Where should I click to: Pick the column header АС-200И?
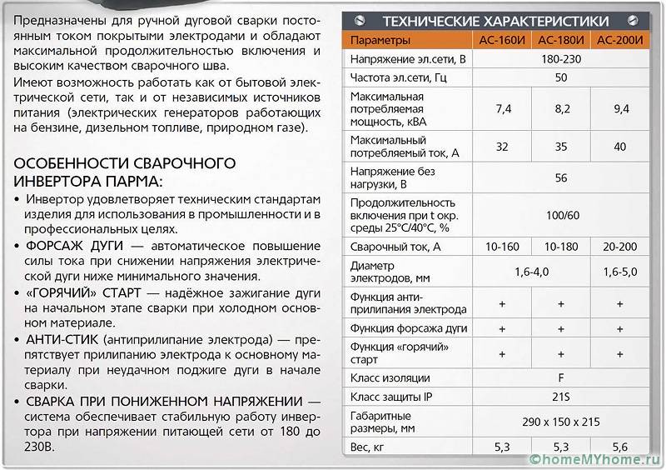point(620,40)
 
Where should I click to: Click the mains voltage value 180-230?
point(560,59)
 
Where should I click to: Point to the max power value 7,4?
point(502,108)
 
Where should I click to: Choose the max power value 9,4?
point(620,108)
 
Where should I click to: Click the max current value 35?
point(560,146)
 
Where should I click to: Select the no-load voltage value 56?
point(560,177)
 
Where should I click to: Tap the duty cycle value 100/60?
point(560,215)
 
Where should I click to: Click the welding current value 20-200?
point(620,247)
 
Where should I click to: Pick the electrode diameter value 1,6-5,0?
point(620,272)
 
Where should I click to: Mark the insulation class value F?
point(560,377)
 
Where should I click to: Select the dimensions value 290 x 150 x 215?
point(560,422)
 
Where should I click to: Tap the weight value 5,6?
point(620,447)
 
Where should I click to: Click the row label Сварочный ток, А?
point(395,247)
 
